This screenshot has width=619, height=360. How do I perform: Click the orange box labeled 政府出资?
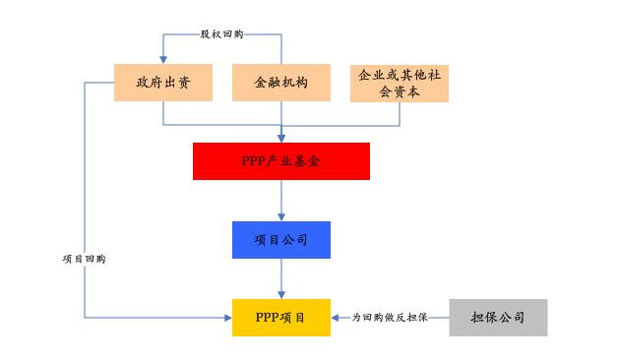click(163, 83)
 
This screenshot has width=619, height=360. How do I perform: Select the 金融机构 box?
click(281, 83)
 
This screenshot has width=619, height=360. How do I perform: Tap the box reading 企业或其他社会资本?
click(400, 83)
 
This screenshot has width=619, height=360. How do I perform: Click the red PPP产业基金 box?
click(281, 161)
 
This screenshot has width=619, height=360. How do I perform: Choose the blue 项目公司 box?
click(281, 239)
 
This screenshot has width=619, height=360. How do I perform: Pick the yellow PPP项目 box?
click(281, 318)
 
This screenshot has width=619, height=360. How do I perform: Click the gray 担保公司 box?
click(498, 318)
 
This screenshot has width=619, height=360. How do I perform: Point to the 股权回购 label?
click(221, 34)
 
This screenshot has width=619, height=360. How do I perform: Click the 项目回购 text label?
click(84, 259)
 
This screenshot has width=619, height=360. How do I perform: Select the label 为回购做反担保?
click(390, 318)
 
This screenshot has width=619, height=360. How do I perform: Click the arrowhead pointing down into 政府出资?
click(163, 59)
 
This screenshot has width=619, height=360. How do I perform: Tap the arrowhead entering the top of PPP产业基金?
click(281, 139)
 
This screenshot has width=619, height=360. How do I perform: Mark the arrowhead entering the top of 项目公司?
click(281, 217)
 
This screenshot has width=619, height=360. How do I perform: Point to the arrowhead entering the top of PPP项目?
click(281, 295)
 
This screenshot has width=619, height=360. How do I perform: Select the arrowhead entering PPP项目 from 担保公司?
click(337, 318)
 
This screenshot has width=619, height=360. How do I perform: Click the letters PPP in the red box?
click(254, 161)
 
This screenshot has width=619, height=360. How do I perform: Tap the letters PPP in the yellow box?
click(267, 318)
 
